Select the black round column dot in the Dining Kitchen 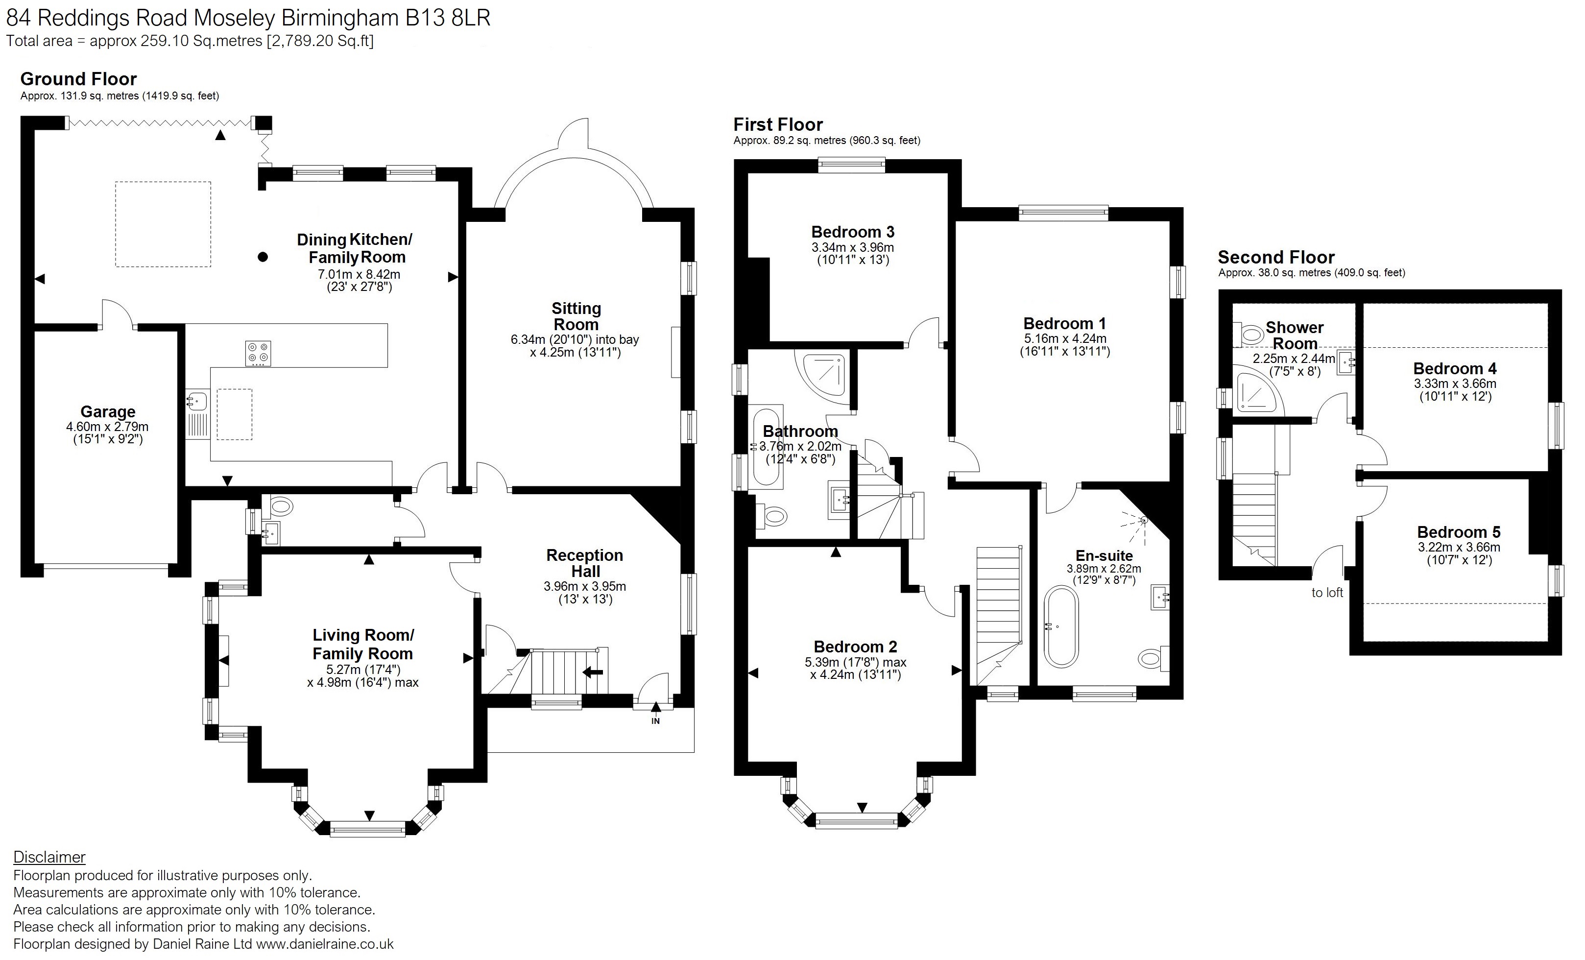click(263, 257)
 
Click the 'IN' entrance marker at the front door click(655, 720)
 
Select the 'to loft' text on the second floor click(1327, 593)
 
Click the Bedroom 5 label click(1459, 532)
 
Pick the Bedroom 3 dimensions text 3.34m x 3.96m click(852, 247)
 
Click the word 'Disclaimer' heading click(49, 857)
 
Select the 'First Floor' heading click(778, 124)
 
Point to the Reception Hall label click(585, 563)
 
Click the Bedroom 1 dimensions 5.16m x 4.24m click(1065, 338)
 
